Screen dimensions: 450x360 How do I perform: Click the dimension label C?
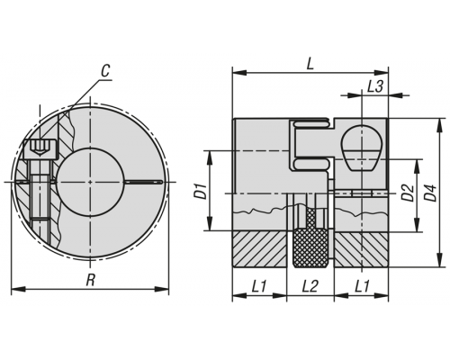(x=105, y=71)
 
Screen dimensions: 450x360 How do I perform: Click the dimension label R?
(x=91, y=281)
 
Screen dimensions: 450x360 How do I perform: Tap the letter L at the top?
(x=310, y=64)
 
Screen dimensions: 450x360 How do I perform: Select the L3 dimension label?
(x=375, y=86)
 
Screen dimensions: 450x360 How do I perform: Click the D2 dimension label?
(x=408, y=193)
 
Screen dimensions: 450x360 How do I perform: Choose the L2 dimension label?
(x=310, y=286)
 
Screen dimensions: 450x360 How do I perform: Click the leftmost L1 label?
(x=258, y=286)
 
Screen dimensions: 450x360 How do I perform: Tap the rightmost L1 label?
(x=362, y=286)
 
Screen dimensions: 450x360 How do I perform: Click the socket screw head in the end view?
(x=40, y=148)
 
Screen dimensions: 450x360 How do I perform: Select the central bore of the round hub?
(x=90, y=182)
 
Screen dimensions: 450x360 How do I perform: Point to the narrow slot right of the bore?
(x=143, y=182)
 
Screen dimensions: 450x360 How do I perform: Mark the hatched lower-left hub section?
(x=259, y=249)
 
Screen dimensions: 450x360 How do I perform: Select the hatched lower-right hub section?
(x=361, y=249)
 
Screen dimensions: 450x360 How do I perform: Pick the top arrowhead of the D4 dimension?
(x=440, y=125)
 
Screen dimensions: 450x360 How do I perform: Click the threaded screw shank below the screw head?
(x=40, y=197)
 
